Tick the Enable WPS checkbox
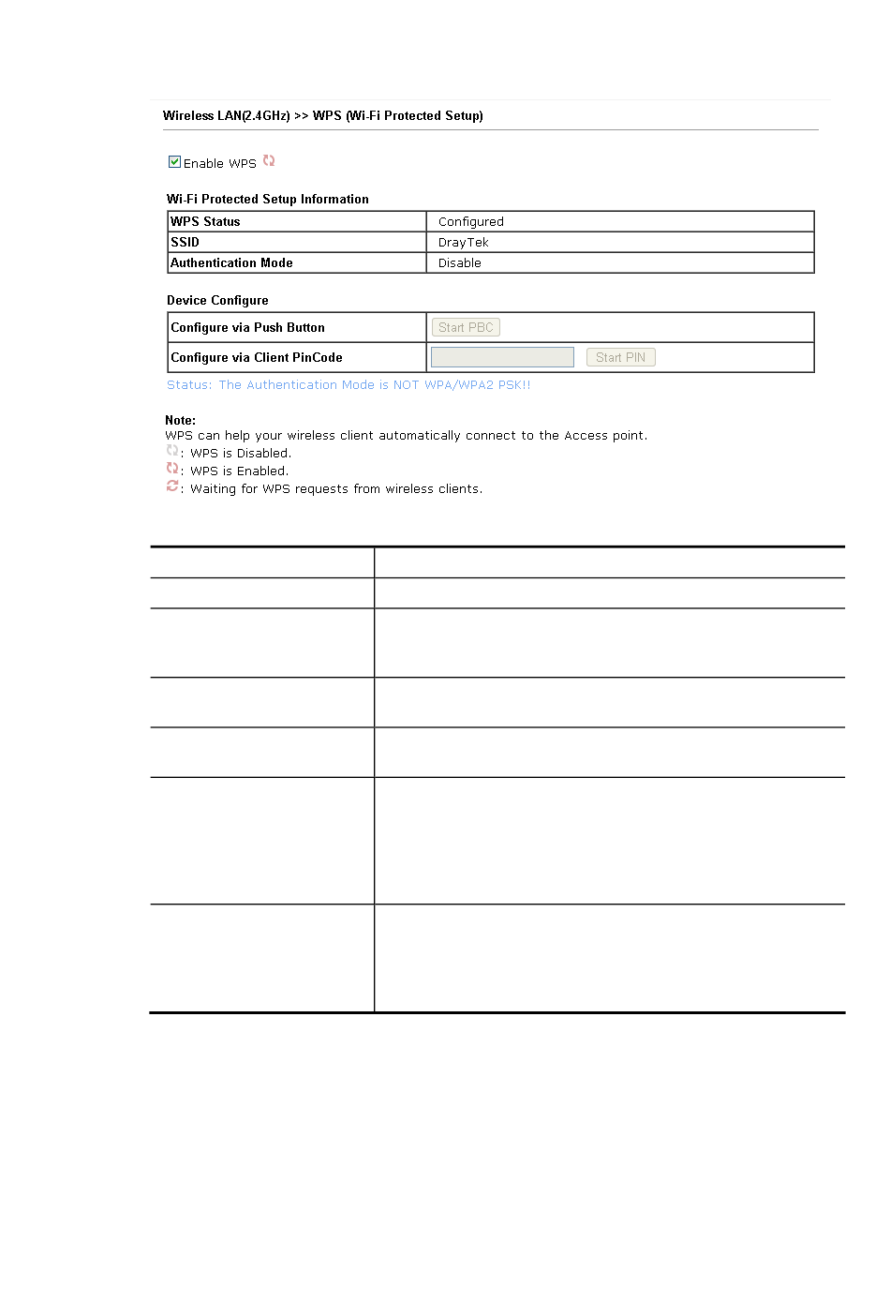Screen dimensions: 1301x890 pos(174,162)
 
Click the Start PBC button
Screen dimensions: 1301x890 pos(466,327)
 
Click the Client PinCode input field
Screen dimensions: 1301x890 pos(502,357)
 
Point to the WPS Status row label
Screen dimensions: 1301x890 pos(206,222)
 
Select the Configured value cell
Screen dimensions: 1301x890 pos(471,222)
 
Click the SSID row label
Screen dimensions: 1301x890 pos(185,243)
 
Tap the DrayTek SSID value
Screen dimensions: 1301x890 pos(464,243)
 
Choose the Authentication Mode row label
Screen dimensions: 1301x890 pos(232,263)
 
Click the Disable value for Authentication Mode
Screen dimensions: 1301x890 pos(460,263)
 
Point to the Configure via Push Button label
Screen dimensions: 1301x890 pos(248,328)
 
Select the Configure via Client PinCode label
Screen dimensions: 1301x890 pos(257,358)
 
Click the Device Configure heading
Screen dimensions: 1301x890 pos(218,301)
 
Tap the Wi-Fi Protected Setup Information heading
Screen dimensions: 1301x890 pos(268,200)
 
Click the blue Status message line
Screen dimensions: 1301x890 pos(349,385)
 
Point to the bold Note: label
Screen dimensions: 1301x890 pos(181,421)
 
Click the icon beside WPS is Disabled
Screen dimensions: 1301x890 pos(172,451)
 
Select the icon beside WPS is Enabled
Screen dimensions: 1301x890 pos(172,469)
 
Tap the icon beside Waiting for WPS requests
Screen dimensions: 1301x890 pos(172,486)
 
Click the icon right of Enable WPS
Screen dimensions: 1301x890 pos(269,161)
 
